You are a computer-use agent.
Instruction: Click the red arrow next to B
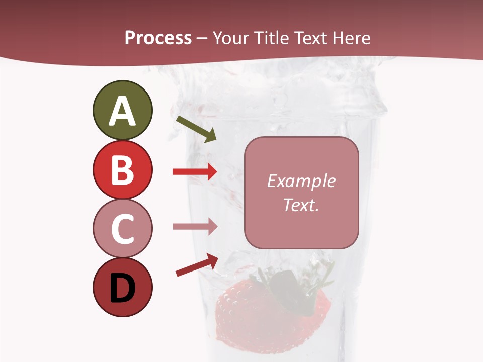click(195, 172)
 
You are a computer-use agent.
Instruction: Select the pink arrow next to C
click(195, 226)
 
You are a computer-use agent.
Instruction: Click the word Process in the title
click(158, 38)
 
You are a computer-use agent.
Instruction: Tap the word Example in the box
click(301, 181)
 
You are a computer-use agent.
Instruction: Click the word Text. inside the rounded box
click(301, 205)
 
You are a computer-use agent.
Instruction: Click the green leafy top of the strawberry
click(297, 287)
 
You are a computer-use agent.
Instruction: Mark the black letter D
click(122, 289)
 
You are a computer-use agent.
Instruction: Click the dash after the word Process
click(202, 39)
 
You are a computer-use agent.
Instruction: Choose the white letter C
click(122, 229)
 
